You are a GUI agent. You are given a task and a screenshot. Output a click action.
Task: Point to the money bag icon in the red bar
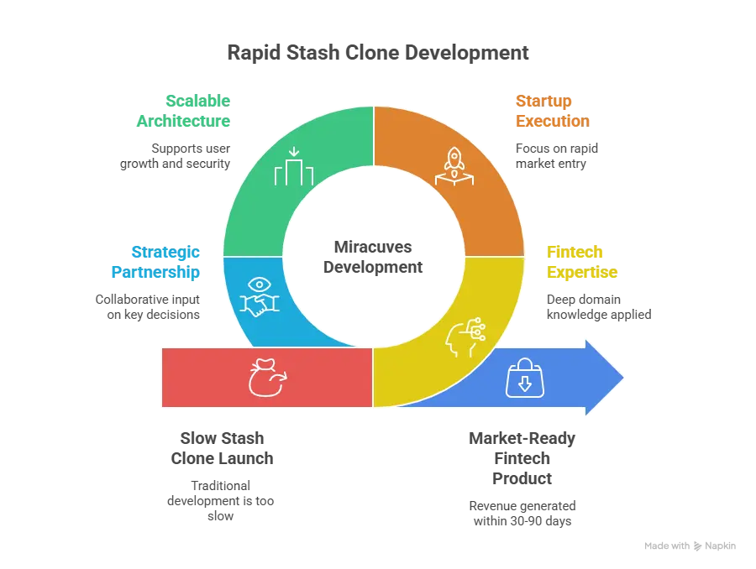266,378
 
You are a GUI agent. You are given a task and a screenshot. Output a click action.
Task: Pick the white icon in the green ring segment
293,167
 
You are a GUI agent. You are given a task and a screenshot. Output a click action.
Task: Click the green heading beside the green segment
184,110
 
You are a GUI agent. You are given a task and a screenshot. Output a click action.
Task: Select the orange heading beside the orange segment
551,110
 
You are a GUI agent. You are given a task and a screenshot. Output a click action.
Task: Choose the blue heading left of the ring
155,262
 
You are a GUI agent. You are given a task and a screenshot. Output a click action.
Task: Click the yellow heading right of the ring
582,262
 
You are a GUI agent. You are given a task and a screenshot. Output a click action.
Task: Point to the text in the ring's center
374,257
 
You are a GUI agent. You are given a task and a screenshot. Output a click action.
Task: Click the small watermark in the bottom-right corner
692,544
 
